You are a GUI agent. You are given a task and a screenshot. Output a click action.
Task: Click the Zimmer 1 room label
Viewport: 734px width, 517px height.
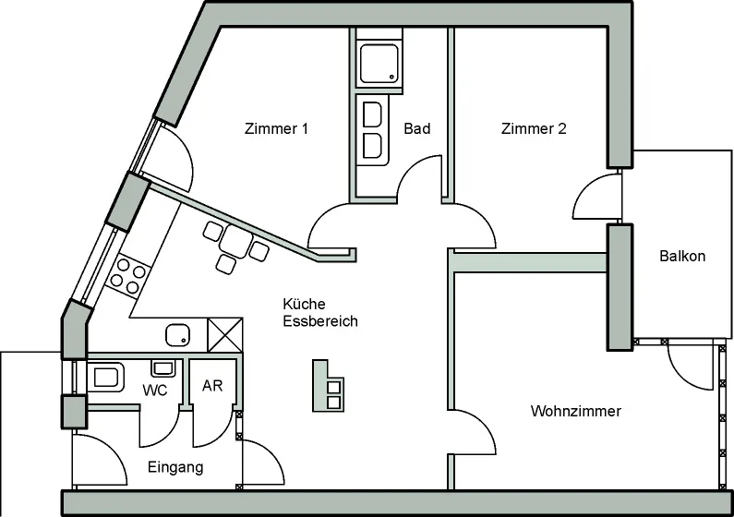[x=276, y=128]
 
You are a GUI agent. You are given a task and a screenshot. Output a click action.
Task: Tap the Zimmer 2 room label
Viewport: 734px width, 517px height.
[x=534, y=128]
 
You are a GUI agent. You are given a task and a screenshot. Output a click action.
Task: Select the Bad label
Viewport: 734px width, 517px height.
[x=417, y=128]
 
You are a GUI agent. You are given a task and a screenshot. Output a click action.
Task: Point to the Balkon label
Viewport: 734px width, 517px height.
[x=682, y=256]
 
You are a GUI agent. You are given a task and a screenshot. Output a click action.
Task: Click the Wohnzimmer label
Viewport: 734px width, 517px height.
[x=576, y=411]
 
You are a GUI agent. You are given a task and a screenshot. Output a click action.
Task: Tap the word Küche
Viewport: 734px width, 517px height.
[x=304, y=304]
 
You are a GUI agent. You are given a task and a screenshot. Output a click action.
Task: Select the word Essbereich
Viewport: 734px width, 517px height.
[x=320, y=321]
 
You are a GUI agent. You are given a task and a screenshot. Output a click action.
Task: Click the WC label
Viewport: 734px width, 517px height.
[x=155, y=391]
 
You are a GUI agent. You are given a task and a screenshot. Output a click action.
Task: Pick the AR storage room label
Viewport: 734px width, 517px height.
[x=212, y=386]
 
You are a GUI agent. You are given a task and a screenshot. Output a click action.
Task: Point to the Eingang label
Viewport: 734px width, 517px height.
[x=175, y=467]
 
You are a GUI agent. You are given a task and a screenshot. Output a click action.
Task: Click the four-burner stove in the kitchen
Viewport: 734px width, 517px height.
[x=127, y=277]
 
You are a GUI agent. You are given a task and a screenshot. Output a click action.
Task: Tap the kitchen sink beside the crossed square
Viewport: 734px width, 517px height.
[x=178, y=335]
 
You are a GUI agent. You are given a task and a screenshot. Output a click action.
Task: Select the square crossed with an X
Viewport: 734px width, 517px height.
[x=225, y=334]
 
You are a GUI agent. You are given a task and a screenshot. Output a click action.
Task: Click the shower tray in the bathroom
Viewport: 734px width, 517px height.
[x=379, y=64]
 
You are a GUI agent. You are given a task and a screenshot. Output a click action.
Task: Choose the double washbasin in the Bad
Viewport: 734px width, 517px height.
[x=373, y=130]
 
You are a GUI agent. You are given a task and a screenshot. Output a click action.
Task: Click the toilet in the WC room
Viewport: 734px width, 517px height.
[x=106, y=377]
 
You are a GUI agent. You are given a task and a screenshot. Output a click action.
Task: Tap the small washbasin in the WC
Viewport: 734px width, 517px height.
[x=162, y=368]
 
